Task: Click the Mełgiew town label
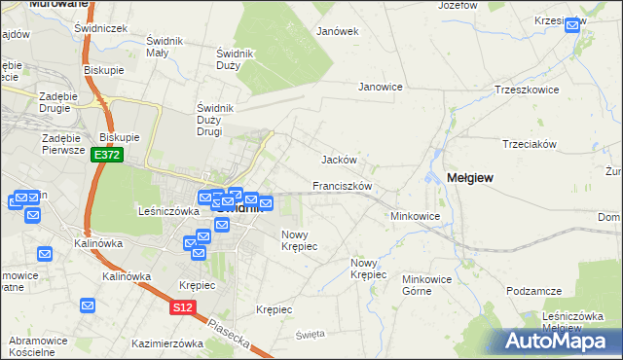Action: (469, 178)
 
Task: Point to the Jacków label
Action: (340, 160)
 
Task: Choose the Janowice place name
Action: (381, 87)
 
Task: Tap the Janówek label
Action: (338, 31)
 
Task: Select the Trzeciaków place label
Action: (529, 144)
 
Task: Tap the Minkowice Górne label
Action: (429, 284)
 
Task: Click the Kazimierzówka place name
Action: (166, 343)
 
